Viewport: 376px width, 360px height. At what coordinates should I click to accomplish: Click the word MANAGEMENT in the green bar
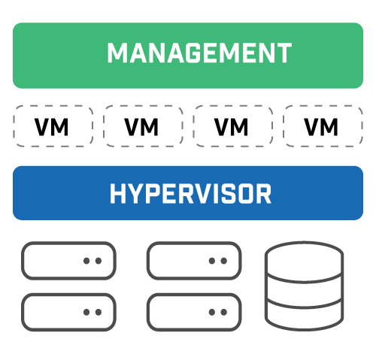point(199,54)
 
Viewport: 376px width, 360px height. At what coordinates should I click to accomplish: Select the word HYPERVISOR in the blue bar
point(190,194)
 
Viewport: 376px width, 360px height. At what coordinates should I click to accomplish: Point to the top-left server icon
point(68,261)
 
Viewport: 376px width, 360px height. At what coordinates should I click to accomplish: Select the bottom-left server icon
point(68,311)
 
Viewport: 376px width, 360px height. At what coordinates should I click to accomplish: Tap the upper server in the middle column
point(193,261)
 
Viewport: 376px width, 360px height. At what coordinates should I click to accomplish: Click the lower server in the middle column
point(193,311)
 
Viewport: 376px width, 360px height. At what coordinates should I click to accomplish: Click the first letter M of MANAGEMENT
point(118,54)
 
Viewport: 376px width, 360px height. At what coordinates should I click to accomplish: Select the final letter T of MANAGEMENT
point(283,54)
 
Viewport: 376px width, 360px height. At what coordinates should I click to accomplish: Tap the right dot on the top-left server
point(98,261)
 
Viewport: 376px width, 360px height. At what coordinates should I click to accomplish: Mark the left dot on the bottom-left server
point(87,311)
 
